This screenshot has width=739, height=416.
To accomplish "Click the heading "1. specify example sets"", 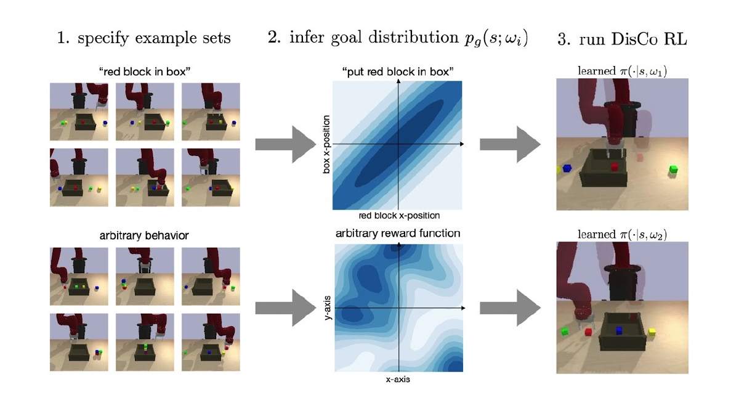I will [x=143, y=38].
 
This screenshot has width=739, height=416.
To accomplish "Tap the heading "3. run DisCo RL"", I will [x=622, y=38].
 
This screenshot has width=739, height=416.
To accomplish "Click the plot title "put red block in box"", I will [x=398, y=71].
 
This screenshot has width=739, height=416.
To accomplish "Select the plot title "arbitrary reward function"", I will [x=398, y=234].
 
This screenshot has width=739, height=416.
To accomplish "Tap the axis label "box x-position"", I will [x=327, y=144].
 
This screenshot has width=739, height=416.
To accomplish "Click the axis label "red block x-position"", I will [x=398, y=216].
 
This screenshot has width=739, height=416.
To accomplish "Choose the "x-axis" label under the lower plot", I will [x=398, y=380].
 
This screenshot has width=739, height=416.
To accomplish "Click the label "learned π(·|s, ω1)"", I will [x=622, y=71].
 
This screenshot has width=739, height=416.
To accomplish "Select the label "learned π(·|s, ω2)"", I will [x=622, y=234].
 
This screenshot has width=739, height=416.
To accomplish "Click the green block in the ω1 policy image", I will [x=672, y=168].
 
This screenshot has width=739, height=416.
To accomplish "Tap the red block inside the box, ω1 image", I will [x=614, y=166].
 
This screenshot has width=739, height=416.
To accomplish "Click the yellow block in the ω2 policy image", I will [x=652, y=332].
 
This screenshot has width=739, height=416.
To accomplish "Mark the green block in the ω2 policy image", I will [x=565, y=332].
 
